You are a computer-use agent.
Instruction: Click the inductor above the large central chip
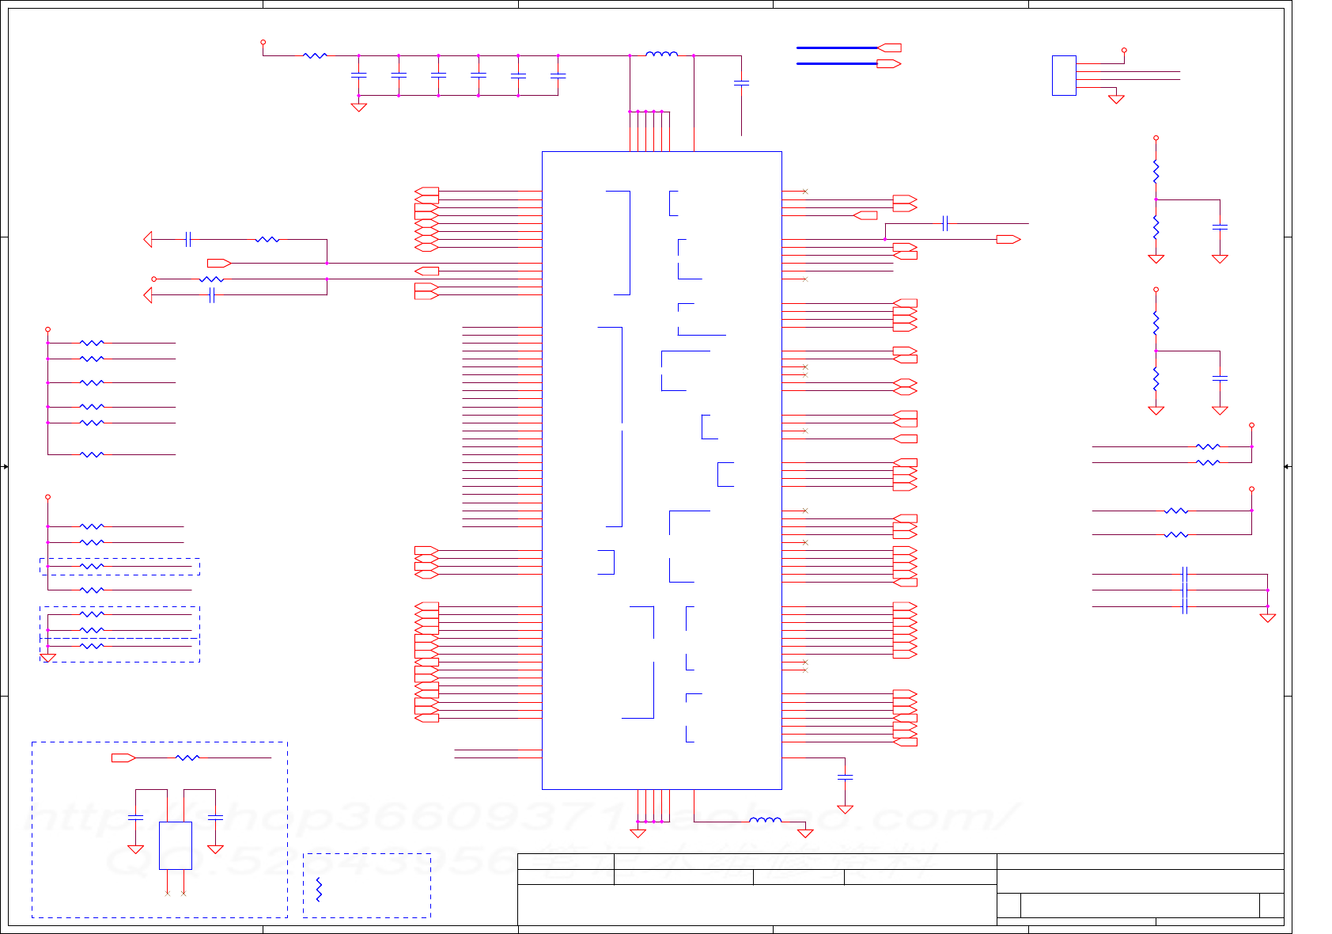pos(661,55)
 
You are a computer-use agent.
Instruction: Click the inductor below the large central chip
pos(765,820)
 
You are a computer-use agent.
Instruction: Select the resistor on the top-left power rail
pos(315,55)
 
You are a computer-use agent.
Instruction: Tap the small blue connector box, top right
pos(1064,75)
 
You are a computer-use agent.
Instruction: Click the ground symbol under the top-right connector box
pos(1116,99)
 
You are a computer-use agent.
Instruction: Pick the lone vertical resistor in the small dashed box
pos(319,889)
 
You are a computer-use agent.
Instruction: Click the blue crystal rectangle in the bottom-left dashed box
pos(176,845)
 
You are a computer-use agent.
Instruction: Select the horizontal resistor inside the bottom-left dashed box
pos(187,757)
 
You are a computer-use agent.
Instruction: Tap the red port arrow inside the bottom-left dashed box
pos(123,757)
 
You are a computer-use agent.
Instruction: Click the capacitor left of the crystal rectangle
pos(135,816)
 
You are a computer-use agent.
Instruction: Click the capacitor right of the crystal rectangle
pos(215,816)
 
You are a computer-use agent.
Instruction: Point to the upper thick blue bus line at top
pos(837,47)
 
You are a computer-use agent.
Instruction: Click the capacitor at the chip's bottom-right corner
pos(845,777)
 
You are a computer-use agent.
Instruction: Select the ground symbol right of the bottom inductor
pos(805,833)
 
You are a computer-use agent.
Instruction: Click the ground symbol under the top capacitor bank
pos(358,107)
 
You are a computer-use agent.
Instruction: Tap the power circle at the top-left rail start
pos(263,42)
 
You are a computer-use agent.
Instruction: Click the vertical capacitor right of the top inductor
pos(741,82)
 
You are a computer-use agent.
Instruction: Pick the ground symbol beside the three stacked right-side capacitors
pos(1267,617)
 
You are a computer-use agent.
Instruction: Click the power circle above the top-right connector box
pos(1124,50)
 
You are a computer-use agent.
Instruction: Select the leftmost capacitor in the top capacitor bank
pos(358,75)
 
